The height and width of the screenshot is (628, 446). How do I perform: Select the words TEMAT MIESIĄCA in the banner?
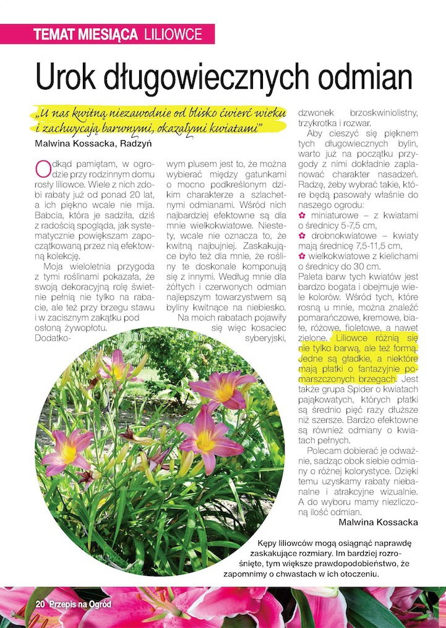[86, 35]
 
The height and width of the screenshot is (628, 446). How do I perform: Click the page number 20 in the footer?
[40, 604]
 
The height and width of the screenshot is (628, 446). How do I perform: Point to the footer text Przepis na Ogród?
[80, 604]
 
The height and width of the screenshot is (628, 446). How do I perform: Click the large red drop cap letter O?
[43, 169]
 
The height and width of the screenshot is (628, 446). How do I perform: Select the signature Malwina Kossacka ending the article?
[378, 522]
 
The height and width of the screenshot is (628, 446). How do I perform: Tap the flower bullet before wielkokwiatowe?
[302, 257]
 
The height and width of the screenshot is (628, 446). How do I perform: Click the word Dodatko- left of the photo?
[54, 339]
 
